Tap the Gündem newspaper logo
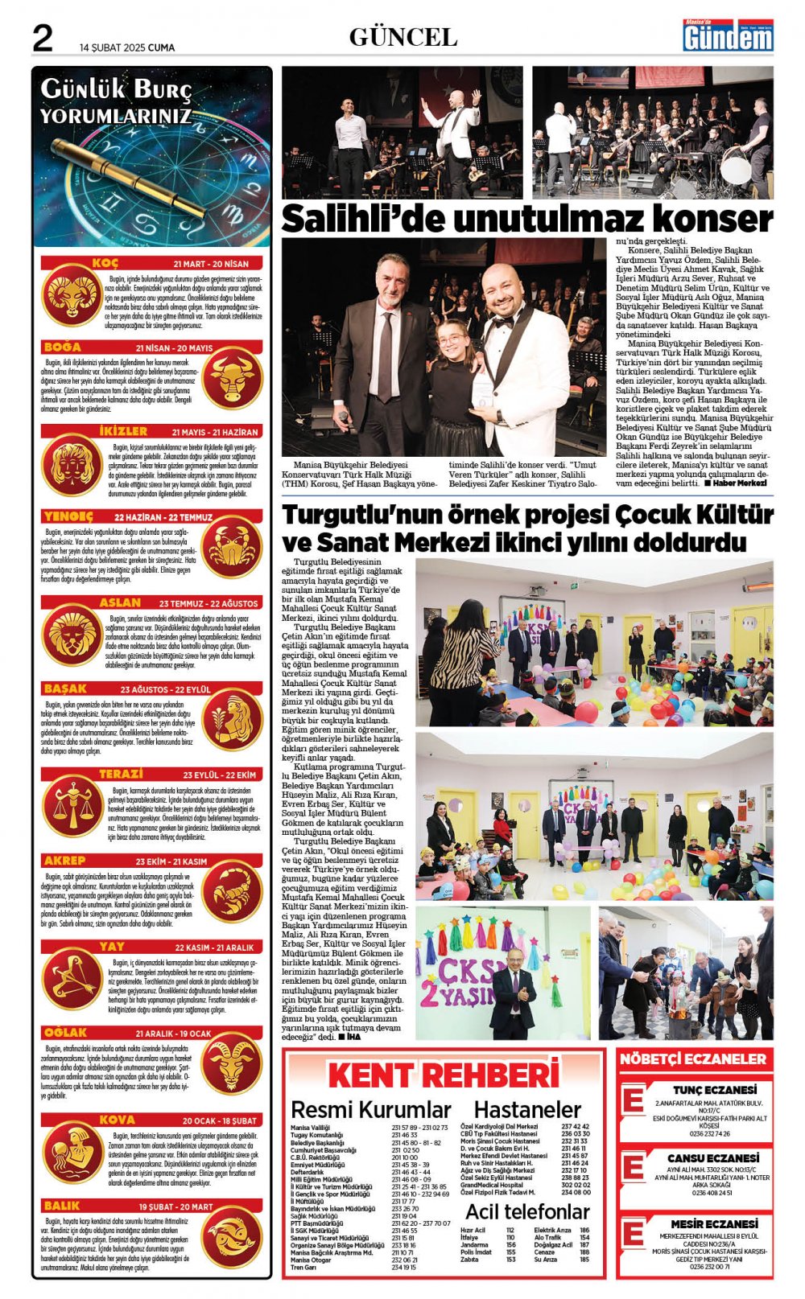(728, 36)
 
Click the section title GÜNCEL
(402, 37)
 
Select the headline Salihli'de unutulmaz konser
(526, 219)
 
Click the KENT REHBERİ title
(444, 1075)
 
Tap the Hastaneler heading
(527, 1110)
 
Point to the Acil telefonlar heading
(527, 1211)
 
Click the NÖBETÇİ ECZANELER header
(693, 1059)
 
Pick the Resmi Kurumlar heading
(370, 1110)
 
